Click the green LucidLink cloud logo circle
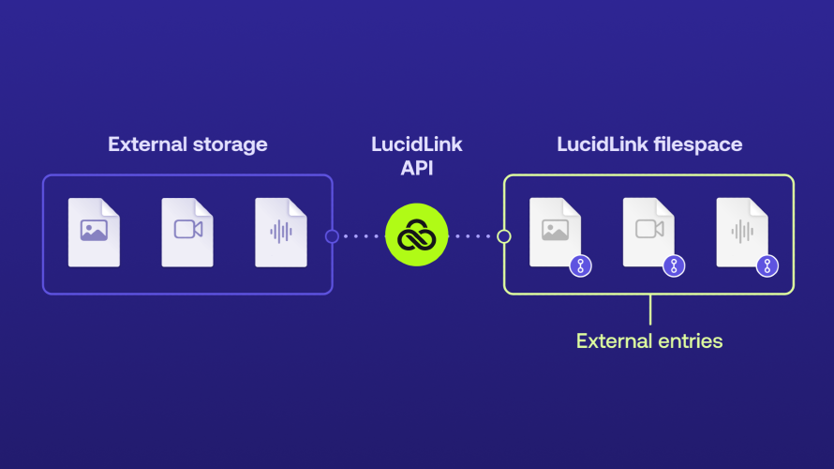click(417, 235)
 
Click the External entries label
click(649, 340)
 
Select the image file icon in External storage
click(94, 232)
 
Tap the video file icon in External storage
click(187, 232)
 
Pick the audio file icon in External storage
click(281, 232)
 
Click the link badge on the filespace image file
click(580, 266)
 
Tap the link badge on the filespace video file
click(674, 266)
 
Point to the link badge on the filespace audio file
click(767, 266)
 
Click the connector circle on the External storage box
click(332, 236)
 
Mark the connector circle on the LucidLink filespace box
click(504, 236)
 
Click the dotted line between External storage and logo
click(360, 236)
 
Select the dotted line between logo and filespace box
click(474, 236)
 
